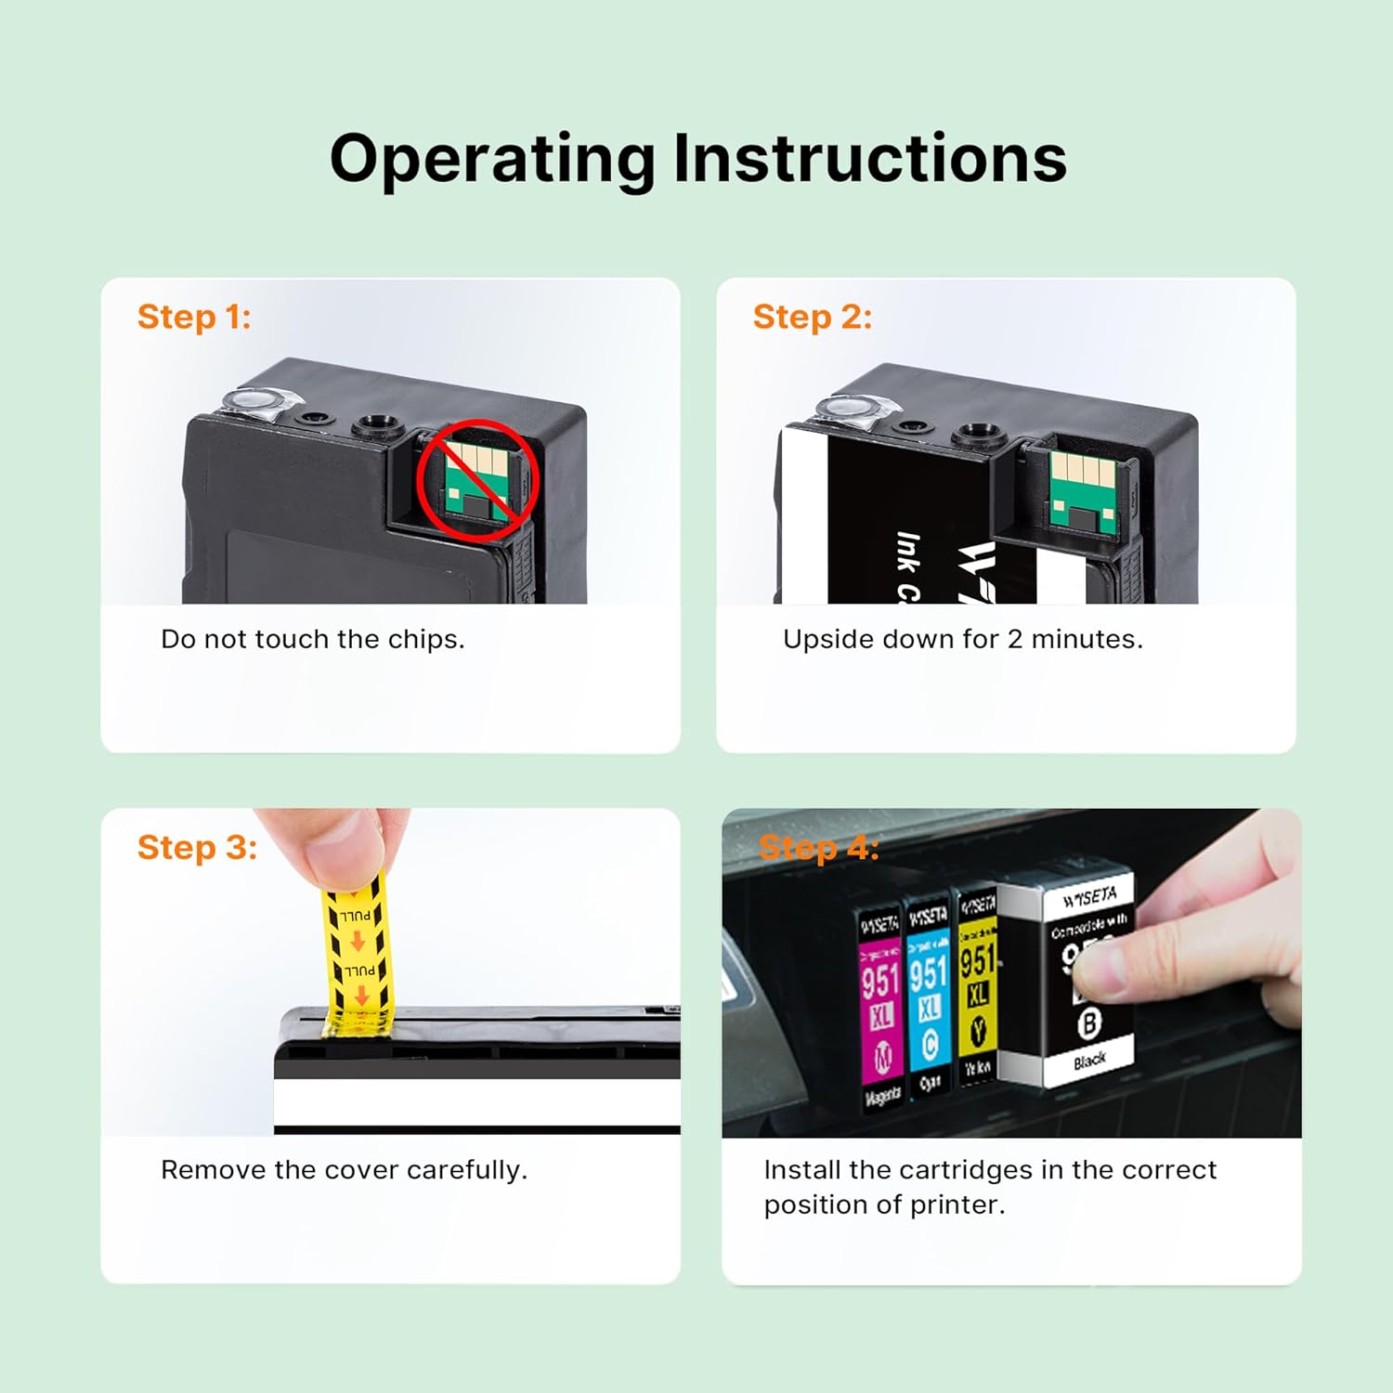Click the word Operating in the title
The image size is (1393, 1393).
coord(492,160)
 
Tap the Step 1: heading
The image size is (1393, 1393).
coord(194,317)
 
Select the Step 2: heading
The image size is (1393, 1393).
coord(813,317)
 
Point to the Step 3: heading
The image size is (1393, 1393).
coord(197,847)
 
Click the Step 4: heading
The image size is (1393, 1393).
coord(818,847)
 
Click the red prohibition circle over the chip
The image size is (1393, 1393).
coord(477,477)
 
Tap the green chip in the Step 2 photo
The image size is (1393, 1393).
coord(1083,491)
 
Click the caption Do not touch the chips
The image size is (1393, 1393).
coord(312,639)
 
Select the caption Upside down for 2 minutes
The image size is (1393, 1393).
coord(962,639)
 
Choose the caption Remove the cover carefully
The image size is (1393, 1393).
coord(344,1169)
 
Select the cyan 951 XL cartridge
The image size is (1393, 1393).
coord(928,1003)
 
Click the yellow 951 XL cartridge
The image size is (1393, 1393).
coord(976,994)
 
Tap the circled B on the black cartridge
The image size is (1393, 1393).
coord(1087,1023)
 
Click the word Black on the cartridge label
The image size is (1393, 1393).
coord(1089,1060)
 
